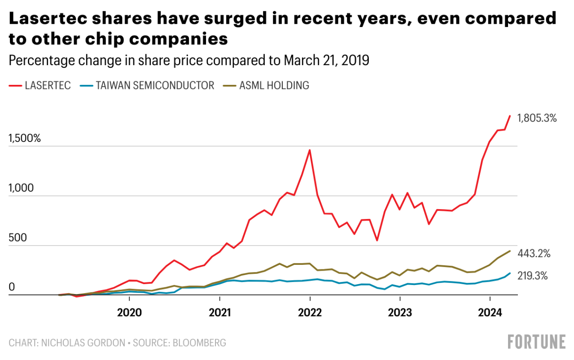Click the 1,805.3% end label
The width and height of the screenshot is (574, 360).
pyautogui.click(x=537, y=119)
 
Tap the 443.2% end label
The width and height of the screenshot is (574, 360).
pyautogui.click(x=534, y=254)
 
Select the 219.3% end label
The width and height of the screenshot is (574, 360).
pyautogui.click(x=532, y=276)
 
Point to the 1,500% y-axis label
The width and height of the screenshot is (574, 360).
pyautogui.click(x=25, y=139)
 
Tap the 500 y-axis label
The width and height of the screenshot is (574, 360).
pyautogui.click(x=18, y=238)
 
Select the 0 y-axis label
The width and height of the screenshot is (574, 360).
pyautogui.click(x=12, y=287)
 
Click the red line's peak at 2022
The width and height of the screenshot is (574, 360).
pyautogui.click(x=310, y=150)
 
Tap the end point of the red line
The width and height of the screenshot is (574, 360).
pyautogui.click(x=510, y=116)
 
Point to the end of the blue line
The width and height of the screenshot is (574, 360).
pyautogui.click(x=510, y=273)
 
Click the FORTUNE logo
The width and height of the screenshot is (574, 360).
pyautogui.click(x=537, y=342)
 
